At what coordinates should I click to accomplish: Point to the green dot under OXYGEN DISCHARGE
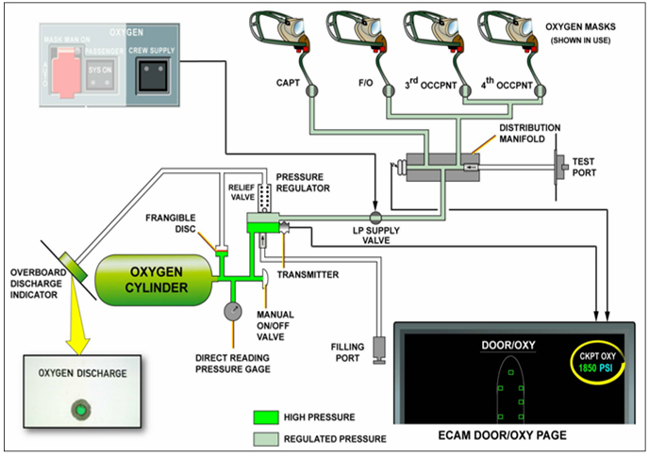pos(82,410)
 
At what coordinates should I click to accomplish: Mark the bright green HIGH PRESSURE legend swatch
pos(270,415)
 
